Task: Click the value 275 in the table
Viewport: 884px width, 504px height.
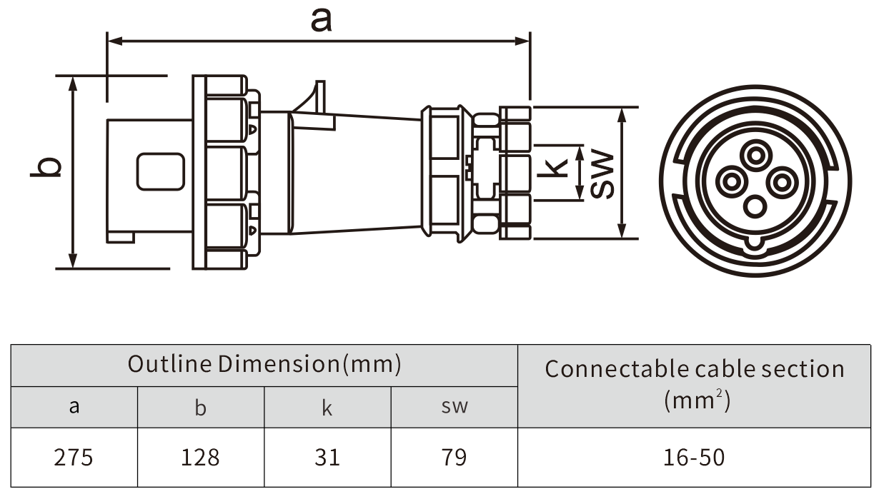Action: click(x=74, y=457)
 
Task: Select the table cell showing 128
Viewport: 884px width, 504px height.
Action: click(x=201, y=457)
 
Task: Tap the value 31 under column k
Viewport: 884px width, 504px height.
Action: click(x=327, y=457)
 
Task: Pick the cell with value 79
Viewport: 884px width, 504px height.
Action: click(x=454, y=457)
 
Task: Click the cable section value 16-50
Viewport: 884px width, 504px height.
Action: click(x=694, y=457)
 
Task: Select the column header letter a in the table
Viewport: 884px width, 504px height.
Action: click(x=74, y=407)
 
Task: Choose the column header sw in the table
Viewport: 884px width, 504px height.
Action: click(x=454, y=407)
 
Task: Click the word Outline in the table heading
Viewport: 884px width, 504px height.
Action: click(x=169, y=364)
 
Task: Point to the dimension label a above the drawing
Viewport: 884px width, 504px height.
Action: click(x=321, y=20)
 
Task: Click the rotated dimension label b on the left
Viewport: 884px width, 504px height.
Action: click(x=46, y=167)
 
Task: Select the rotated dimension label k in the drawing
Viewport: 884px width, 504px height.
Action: click(x=555, y=167)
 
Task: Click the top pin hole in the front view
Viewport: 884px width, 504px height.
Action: click(x=755, y=155)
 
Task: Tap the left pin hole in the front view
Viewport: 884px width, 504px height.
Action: click(x=730, y=182)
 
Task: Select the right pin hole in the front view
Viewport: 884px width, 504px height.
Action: click(x=781, y=183)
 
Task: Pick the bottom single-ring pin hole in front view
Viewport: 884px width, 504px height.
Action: click(x=755, y=208)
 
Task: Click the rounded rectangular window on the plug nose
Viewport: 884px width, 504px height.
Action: click(x=161, y=172)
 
